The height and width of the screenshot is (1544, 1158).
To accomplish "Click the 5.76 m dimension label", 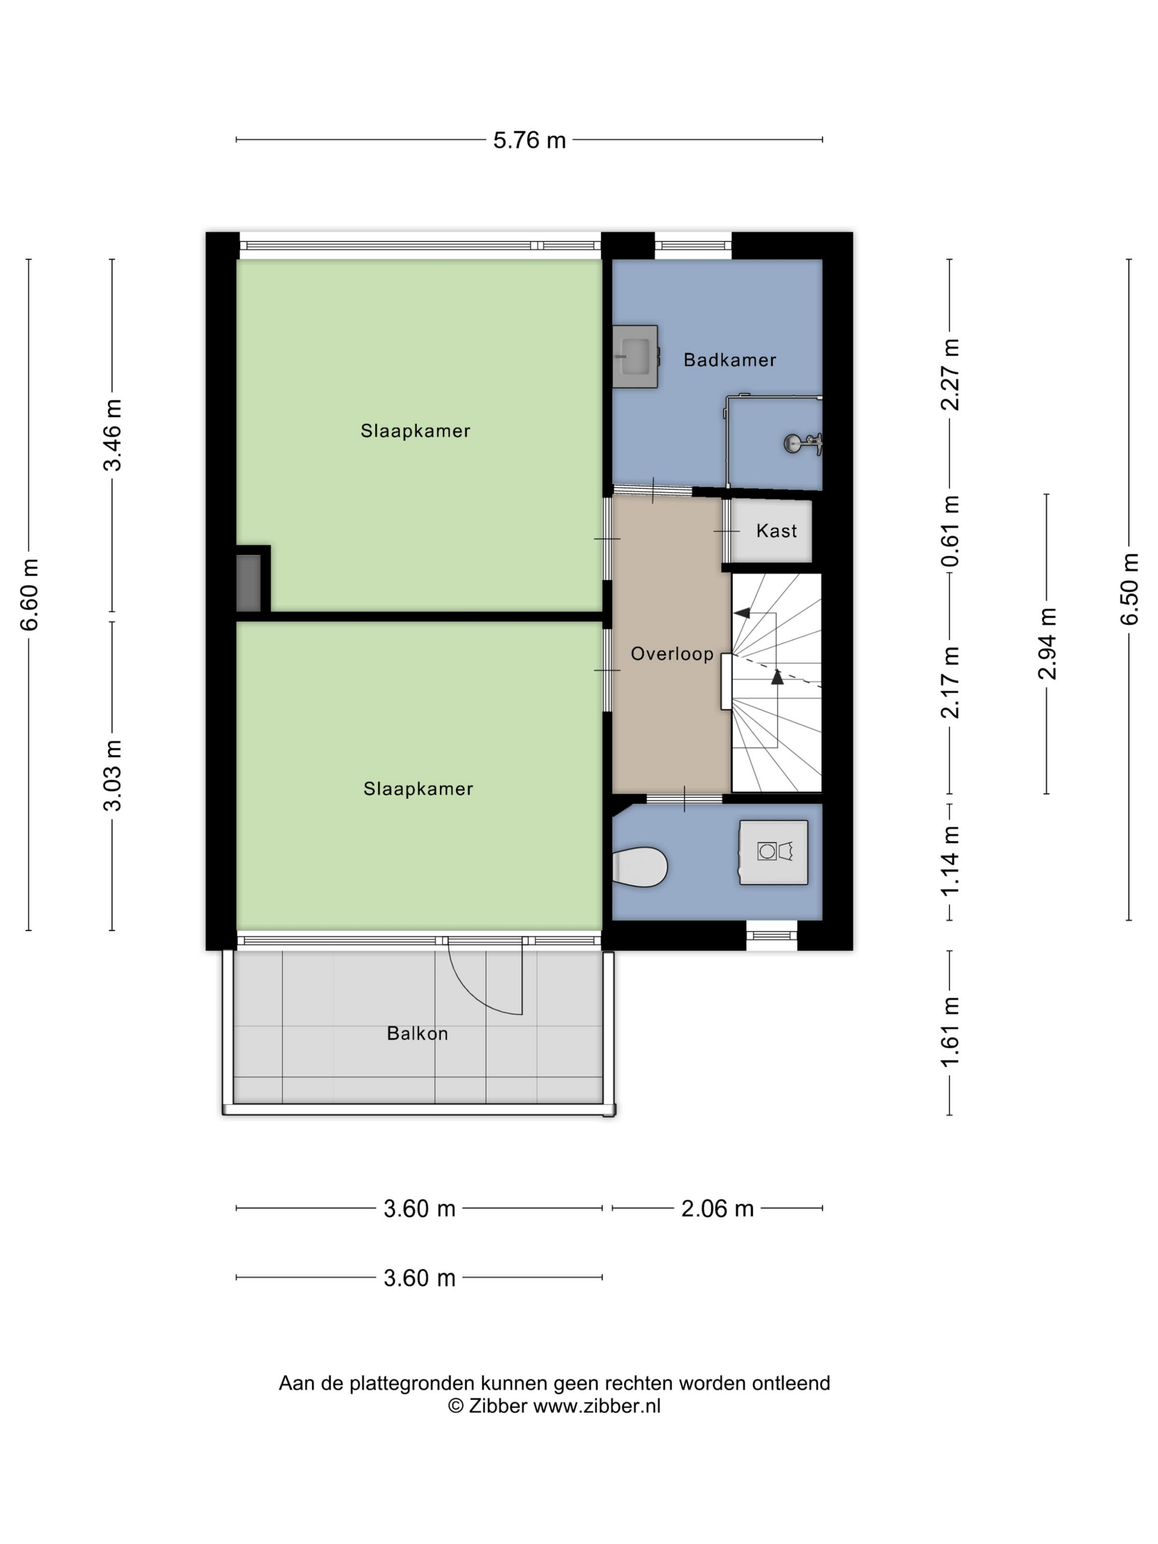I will tap(528, 140).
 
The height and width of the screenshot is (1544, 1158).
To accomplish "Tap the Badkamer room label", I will tap(730, 360).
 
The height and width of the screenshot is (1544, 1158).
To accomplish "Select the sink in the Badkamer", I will tap(635, 356).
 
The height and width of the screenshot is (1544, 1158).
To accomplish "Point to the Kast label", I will tap(776, 531).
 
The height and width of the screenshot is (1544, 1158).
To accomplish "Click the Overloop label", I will tap(672, 654).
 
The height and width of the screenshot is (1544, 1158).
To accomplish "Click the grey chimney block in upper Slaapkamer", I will tap(249, 583).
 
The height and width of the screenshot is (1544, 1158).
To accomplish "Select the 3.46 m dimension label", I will tap(112, 436).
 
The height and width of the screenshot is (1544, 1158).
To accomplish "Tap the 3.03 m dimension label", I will tap(112, 775).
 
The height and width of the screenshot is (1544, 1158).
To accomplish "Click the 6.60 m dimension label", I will tap(29, 594).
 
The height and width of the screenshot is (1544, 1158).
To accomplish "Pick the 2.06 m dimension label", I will tap(717, 1208).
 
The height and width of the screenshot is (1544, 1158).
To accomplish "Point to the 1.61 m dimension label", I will tap(950, 1032).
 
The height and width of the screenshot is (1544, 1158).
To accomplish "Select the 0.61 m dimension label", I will tap(950, 531).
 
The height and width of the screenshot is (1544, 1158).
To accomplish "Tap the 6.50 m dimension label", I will tap(1129, 589).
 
